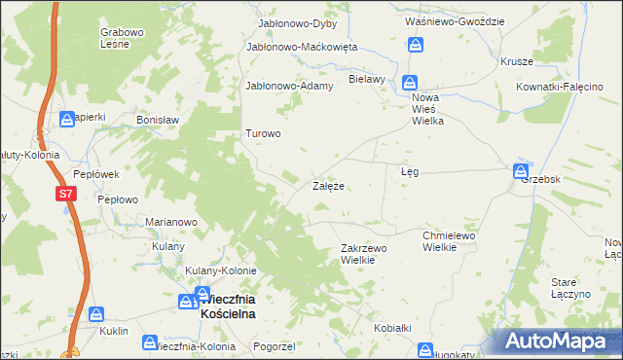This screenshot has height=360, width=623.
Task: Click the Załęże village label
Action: pyautogui.click(x=328, y=185)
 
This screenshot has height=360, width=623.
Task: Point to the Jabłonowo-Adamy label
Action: pyautogui.click(x=290, y=86)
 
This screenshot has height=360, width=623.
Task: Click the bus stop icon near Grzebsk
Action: pyautogui.click(x=521, y=171)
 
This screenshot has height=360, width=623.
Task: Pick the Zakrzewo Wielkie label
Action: pyautogui.click(x=364, y=254)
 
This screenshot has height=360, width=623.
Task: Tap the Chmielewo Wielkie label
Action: pyautogui.click(x=448, y=241)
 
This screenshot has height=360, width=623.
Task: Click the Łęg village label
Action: pyautogui.click(x=410, y=171)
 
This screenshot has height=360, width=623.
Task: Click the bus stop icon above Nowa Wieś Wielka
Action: pyautogui.click(x=411, y=85)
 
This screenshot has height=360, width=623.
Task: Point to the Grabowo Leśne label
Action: pyautogui.click(x=123, y=37)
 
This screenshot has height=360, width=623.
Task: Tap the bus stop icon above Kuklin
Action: pyautogui.click(x=97, y=314)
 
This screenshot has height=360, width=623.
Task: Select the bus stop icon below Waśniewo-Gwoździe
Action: pyautogui.click(x=417, y=45)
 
